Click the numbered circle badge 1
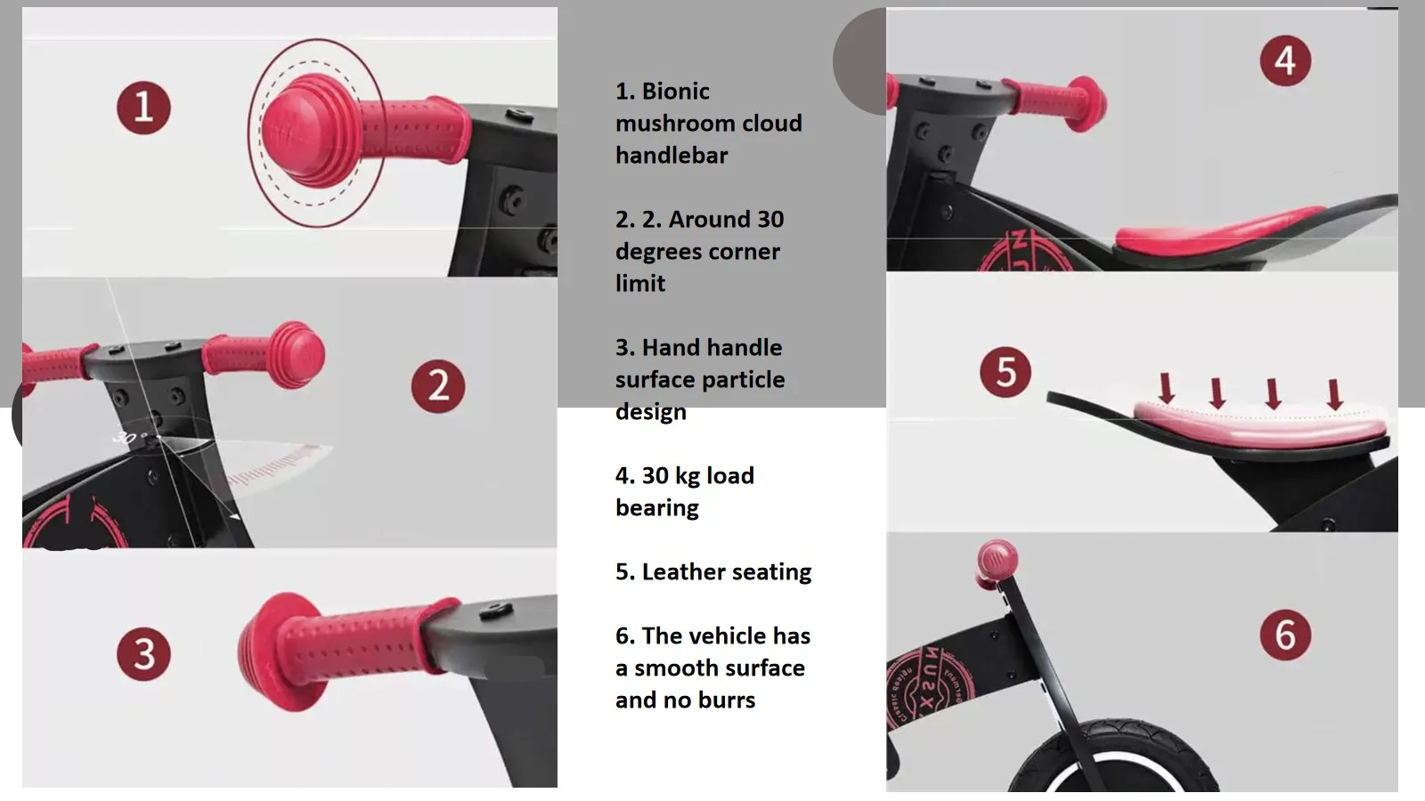143,108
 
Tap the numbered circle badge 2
438,386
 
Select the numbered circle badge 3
143,654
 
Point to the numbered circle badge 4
1285,61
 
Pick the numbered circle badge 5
1006,372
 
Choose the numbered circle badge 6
1285,635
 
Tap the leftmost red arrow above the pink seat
1166,388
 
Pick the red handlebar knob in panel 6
997,562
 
